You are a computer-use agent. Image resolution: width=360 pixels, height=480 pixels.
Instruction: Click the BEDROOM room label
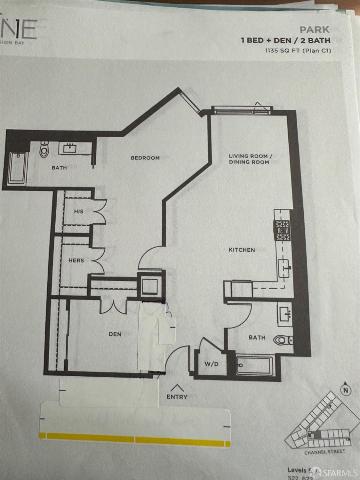[145, 158]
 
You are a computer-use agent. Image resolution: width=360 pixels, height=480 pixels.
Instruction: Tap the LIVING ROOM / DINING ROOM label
[250, 159]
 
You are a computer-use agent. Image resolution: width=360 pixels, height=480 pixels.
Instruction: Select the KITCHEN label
[242, 250]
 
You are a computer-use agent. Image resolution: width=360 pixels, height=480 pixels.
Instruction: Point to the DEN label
[115, 334]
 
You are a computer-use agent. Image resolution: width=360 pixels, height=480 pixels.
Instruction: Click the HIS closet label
[79, 211]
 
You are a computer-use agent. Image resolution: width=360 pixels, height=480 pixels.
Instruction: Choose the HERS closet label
[76, 260]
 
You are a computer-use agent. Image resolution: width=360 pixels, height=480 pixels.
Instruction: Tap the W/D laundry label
[212, 364]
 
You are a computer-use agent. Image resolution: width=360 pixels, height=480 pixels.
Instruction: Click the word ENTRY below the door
[177, 397]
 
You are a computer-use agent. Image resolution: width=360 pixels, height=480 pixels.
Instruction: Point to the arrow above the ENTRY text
[177, 388]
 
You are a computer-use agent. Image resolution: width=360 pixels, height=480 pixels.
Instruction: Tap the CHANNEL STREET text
[324, 452]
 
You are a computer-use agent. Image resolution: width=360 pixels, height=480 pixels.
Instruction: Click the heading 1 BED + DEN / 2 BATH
[285, 40]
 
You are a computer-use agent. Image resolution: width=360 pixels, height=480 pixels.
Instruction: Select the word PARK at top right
[315, 30]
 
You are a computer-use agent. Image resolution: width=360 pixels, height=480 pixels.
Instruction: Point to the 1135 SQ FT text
[298, 51]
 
